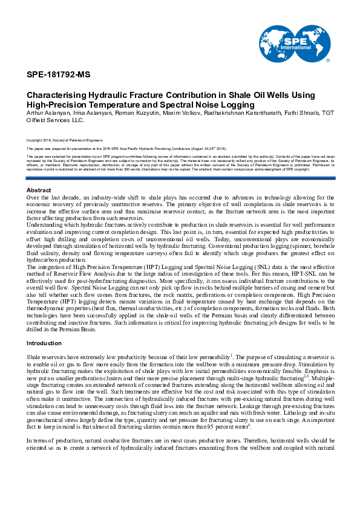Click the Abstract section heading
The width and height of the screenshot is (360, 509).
pos(39,174)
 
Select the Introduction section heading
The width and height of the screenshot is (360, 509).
pos(44,343)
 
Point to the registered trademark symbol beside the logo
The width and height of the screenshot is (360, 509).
pos(327,61)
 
